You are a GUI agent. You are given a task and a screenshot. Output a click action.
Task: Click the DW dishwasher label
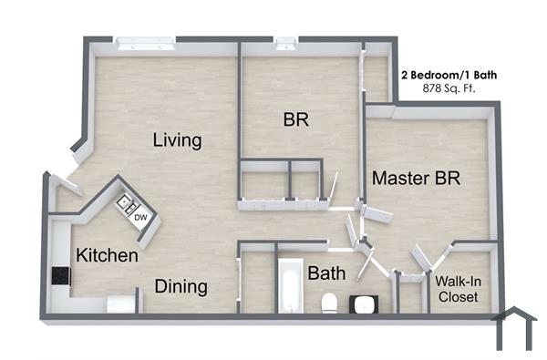[140, 217]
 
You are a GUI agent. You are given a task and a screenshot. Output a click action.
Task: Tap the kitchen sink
[125, 203]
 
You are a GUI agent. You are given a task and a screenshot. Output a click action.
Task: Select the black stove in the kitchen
[61, 275]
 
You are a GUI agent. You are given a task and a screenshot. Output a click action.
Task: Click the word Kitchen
[107, 255]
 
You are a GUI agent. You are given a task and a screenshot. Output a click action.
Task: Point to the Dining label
[181, 286]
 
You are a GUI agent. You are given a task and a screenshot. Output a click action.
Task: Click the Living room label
[177, 140]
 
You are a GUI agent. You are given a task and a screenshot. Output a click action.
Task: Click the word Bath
[325, 273]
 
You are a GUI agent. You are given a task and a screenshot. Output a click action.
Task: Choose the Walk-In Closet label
[459, 290]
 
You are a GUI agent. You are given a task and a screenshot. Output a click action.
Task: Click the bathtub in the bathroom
[289, 286]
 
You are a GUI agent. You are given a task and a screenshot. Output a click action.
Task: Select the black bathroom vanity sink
[367, 303]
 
